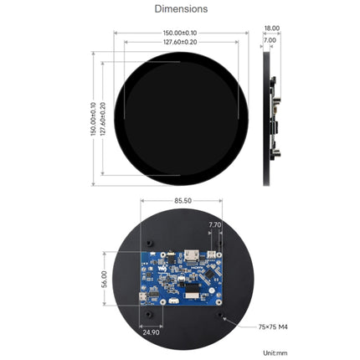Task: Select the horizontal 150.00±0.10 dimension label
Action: pos(181,33)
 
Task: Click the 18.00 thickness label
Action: pos(271,28)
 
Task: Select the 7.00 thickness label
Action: pos(270,39)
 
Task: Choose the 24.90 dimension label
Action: pos(151,332)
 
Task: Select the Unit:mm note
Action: pos(275,352)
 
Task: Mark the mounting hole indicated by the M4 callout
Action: pos(222,317)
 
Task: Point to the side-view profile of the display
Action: pos(268,117)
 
